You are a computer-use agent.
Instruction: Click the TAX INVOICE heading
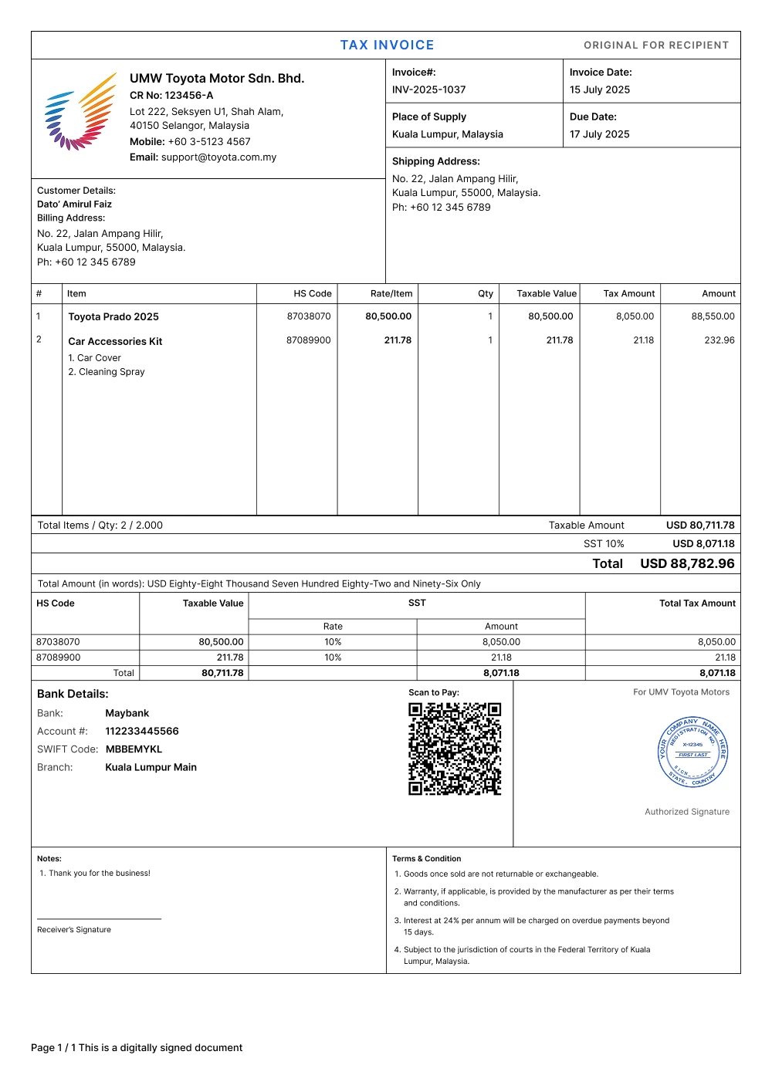click(x=387, y=45)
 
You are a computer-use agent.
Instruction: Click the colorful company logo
click(x=80, y=112)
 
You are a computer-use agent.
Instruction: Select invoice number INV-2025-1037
click(x=428, y=90)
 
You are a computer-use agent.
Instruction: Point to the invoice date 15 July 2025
click(x=599, y=90)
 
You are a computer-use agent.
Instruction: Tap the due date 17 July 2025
click(x=599, y=134)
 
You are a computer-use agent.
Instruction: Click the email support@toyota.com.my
click(x=218, y=157)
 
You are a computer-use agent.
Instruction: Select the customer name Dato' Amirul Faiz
click(x=74, y=205)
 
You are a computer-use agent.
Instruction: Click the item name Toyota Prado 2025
click(x=113, y=316)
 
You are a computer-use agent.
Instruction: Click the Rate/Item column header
click(x=391, y=294)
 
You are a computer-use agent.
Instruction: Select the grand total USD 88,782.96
click(x=687, y=563)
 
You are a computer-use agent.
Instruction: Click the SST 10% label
click(x=604, y=544)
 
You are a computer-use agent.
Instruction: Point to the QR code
click(x=455, y=749)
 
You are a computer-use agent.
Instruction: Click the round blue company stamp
click(x=693, y=752)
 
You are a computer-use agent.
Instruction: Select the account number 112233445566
click(x=142, y=732)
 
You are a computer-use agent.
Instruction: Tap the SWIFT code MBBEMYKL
click(x=134, y=749)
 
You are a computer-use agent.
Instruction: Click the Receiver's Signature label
click(x=74, y=930)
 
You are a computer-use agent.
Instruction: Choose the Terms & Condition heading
click(x=426, y=859)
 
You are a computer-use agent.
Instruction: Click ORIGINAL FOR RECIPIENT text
click(x=656, y=46)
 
